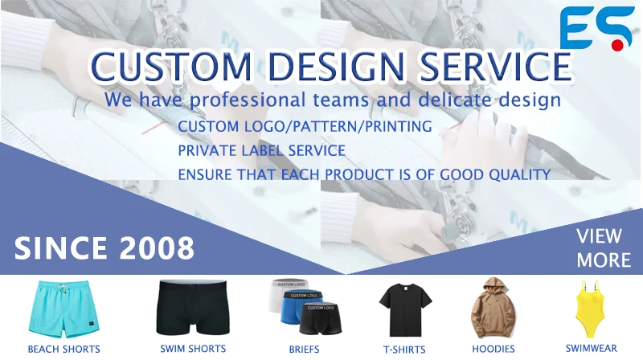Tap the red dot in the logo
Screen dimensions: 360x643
click(616, 46)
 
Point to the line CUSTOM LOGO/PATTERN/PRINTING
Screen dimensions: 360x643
click(305, 127)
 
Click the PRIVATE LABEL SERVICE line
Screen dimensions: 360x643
click(262, 150)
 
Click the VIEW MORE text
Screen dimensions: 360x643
click(604, 247)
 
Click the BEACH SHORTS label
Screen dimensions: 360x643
click(64, 349)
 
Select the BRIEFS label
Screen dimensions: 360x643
click(305, 349)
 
